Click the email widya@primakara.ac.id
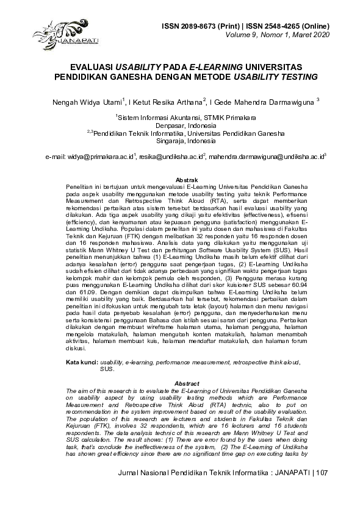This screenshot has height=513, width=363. [100, 157]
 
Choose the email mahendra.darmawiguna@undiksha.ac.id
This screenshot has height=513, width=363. [265, 157]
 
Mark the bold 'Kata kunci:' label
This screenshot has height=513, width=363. [82, 362]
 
